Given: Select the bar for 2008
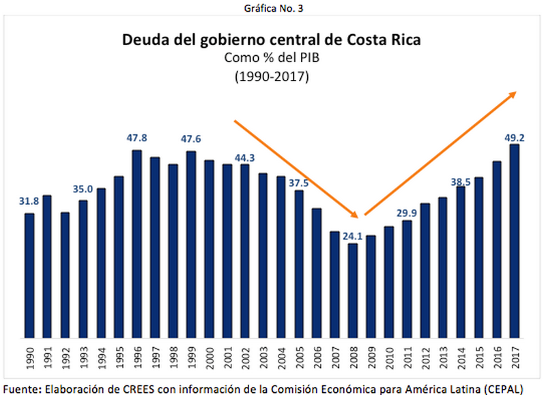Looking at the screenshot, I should pos(353,290).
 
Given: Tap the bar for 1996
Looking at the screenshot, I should pos(136,244).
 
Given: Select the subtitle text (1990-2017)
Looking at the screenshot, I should pos(272,76).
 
